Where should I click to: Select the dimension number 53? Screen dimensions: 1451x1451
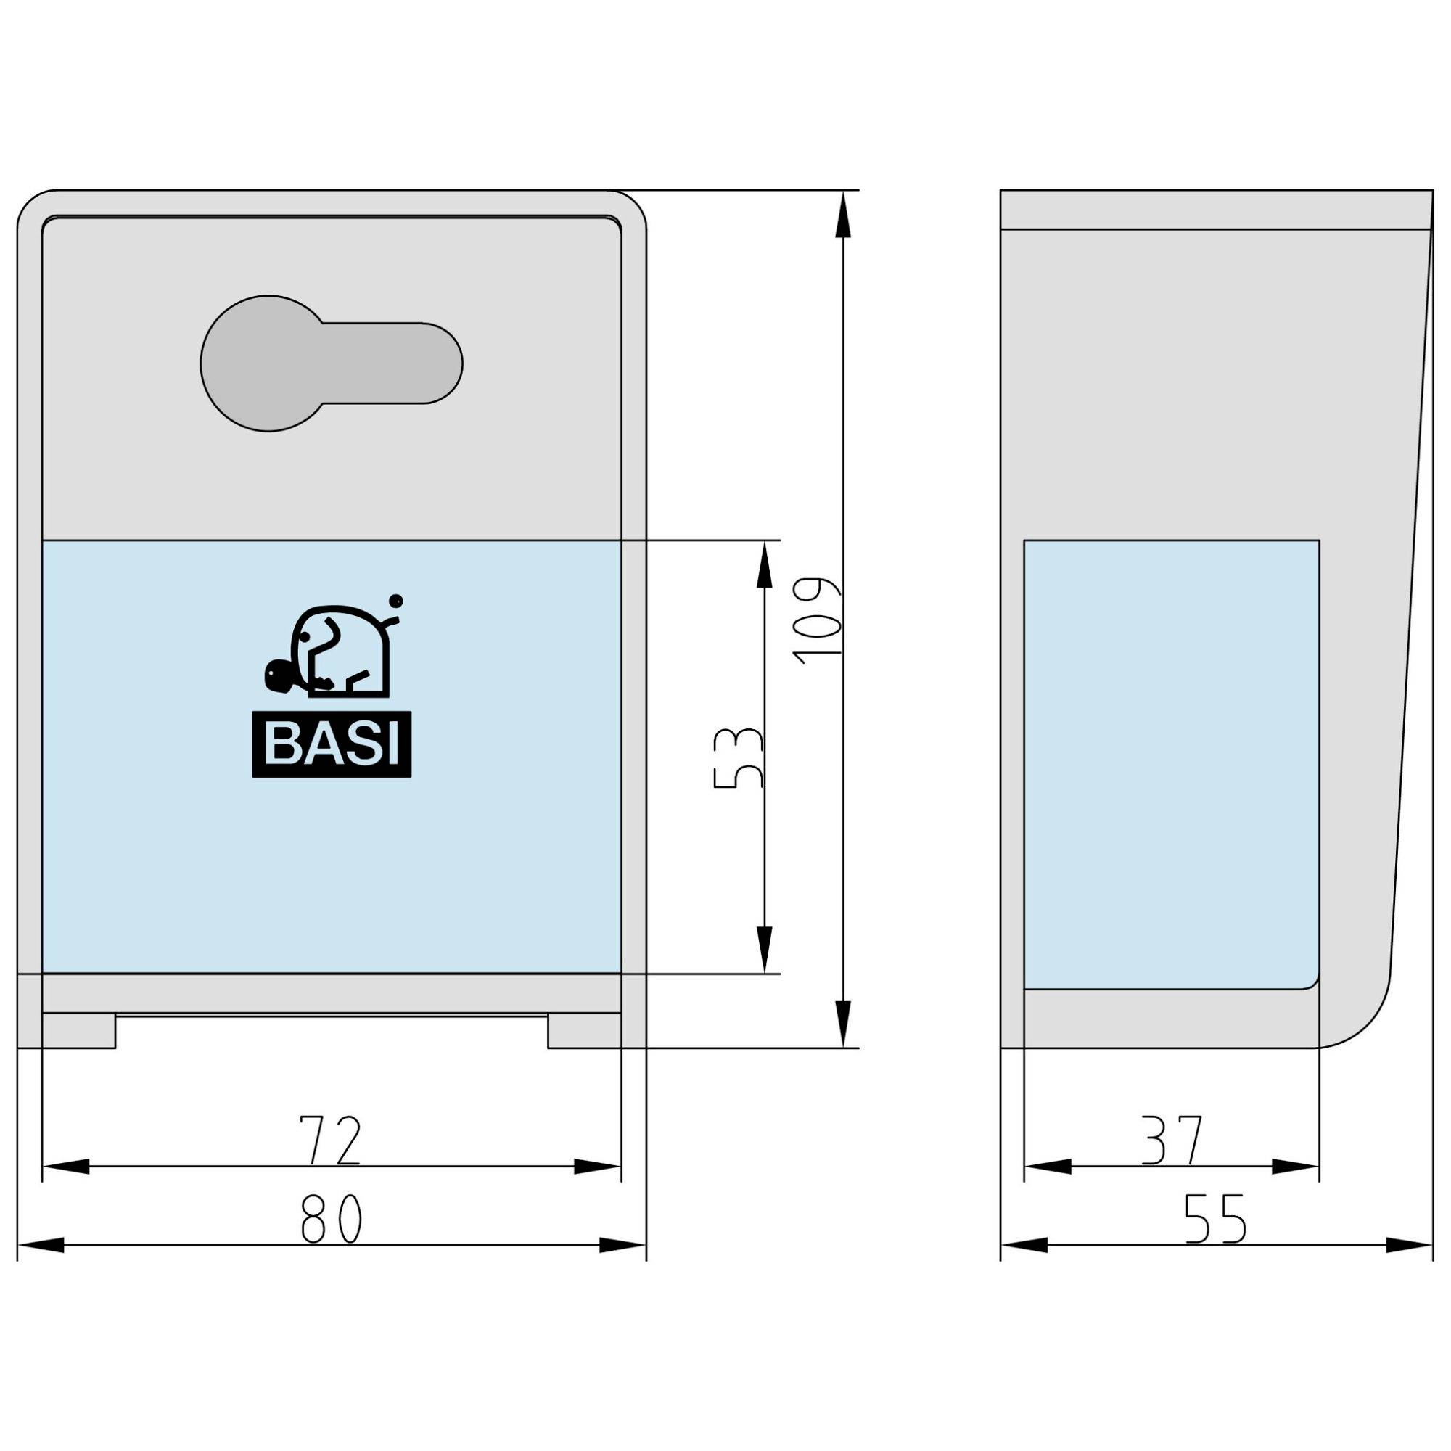point(738,757)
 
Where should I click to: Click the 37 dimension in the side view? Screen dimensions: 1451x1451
point(1172,1140)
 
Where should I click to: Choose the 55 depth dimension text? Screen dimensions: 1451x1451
point(1215,1218)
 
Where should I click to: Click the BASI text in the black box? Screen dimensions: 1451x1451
point(332,744)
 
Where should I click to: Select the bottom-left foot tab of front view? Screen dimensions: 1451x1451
point(79,1030)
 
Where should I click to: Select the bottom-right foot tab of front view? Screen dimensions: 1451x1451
point(584,1030)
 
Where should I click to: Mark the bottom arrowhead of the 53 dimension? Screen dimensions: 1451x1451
point(764,951)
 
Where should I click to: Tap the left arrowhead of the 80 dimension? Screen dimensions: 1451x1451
point(41,1245)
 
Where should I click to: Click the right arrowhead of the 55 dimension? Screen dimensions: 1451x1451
point(1408,1245)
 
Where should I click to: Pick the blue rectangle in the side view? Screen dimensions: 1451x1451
point(1172,763)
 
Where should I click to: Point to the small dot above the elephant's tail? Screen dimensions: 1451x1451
point(397,600)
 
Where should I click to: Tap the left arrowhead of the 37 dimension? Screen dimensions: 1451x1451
point(1048,1167)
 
